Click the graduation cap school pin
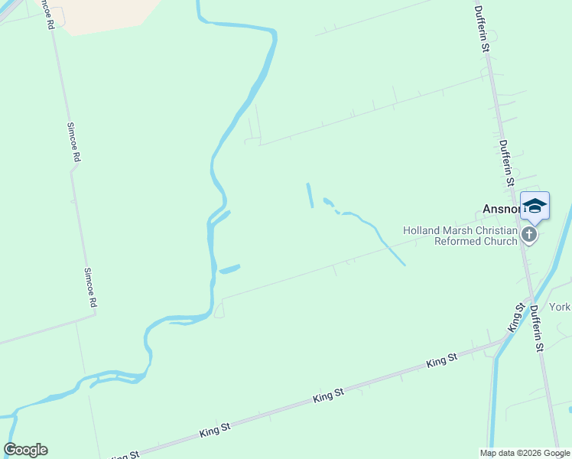click(535, 206)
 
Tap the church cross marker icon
click(529, 235)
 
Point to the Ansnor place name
click(501, 208)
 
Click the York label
click(561, 307)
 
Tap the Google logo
click(25, 450)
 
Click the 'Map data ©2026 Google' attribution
click(525, 453)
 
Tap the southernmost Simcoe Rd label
click(90, 287)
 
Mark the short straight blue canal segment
click(310, 195)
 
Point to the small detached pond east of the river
click(229, 269)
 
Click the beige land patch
click(107, 14)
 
